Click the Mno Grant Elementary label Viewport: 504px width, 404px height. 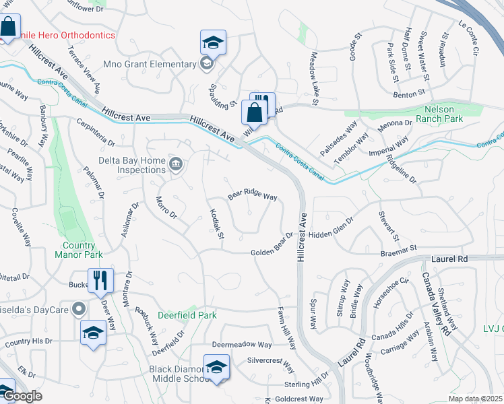coord(149,65)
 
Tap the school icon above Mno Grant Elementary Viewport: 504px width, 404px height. coord(213,43)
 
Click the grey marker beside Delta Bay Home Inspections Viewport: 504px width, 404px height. coord(176,164)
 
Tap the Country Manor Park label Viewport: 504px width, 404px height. coord(79,250)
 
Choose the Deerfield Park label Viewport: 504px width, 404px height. coord(187,314)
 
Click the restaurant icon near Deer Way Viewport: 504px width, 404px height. coord(100,280)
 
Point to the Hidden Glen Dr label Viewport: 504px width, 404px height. coord(332,229)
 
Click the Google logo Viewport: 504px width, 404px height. coord(22,397)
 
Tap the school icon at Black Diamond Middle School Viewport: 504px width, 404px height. coord(216,368)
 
